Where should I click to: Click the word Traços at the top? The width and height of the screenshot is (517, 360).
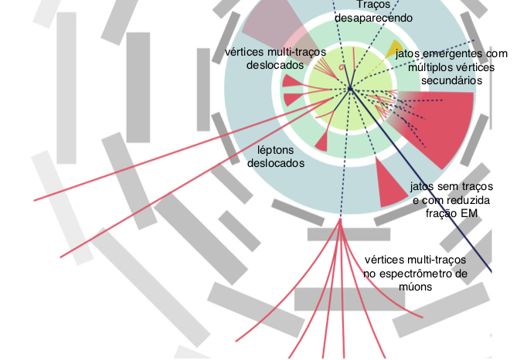[x=373, y=5]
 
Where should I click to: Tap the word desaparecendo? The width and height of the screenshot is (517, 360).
[x=373, y=18]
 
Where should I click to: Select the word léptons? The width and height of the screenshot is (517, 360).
[x=275, y=151]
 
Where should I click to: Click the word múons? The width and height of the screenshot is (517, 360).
[x=415, y=287]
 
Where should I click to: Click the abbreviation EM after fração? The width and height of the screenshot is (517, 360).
[x=469, y=213]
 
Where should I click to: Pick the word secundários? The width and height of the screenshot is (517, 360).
[x=452, y=80]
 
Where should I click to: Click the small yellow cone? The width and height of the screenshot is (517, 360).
[x=393, y=49]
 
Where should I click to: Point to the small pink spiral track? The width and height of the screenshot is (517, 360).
[x=342, y=67]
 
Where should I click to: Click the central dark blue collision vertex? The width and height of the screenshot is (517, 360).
[x=350, y=88]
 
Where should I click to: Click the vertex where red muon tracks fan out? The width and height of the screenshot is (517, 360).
[x=340, y=219]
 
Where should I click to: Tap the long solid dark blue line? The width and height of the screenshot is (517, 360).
[x=421, y=180]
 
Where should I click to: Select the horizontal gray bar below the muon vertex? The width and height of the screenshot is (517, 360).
[x=349, y=234]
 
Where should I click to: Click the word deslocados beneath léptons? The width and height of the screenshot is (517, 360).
[x=276, y=163]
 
